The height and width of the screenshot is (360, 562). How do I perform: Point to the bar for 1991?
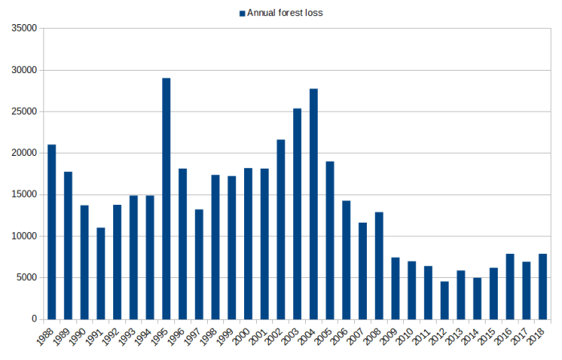tap(100, 273)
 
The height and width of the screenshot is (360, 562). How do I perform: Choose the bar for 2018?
tap(543, 286)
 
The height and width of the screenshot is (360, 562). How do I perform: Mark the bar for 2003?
tap(297, 214)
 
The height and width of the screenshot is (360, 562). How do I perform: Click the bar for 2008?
tap(379, 265)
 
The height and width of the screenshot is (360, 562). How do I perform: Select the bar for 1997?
tap(199, 264)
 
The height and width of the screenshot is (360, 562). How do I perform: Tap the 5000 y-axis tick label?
tap(26, 277)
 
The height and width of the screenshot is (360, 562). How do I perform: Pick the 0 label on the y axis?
tap(35, 319)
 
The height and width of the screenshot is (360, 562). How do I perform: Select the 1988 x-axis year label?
tap(47, 335)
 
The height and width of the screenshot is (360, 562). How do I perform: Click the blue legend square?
tap(242, 12)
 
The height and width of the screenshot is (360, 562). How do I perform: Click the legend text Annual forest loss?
tap(285, 12)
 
